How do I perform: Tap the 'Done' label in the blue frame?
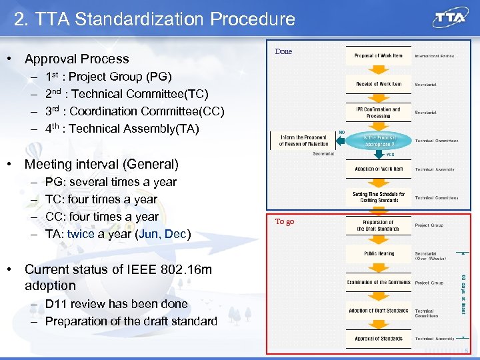pyautogui.click(x=283, y=51)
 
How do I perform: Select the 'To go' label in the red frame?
pyautogui.click(x=285, y=221)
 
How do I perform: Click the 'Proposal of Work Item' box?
pyautogui.click(x=378, y=56)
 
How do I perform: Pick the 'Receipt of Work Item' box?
pyautogui.click(x=378, y=84)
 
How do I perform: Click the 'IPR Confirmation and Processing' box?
pyautogui.click(x=378, y=112)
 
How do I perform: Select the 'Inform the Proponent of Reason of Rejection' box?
pyautogui.click(x=303, y=140)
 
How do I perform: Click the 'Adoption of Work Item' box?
pyautogui.click(x=378, y=169)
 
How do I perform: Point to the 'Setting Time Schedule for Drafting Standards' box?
pyautogui.click(x=378, y=197)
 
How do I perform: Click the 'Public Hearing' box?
pyautogui.click(x=378, y=253)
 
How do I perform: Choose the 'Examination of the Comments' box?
pyautogui.click(x=378, y=282)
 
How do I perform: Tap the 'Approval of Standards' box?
pyautogui.click(x=378, y=339)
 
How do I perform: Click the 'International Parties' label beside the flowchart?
pyautogui.click(x=435, y=56)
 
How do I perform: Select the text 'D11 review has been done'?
pyautogui.click(x=117, y=304)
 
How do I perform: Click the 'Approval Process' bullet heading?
pyautogui.click(x=77, y=59)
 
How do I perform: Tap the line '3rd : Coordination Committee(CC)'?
pyautogui.click(x=135, y=111)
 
